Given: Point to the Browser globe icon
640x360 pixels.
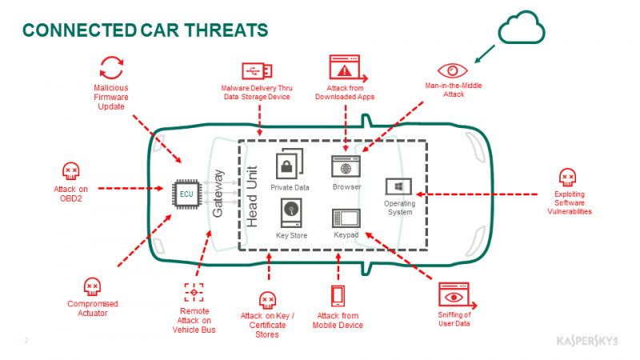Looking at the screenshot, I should click(346, 170).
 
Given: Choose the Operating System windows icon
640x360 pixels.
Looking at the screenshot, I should click(399, 187).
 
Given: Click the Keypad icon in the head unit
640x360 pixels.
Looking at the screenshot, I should click(346, 218).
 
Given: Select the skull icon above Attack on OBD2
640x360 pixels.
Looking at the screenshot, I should click(71, 170).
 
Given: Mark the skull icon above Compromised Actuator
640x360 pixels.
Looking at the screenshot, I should click(92, 286).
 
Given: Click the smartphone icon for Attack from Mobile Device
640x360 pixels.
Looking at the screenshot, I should click(338, 296).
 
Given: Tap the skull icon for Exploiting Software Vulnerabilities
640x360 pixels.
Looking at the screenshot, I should click(568, 177).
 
